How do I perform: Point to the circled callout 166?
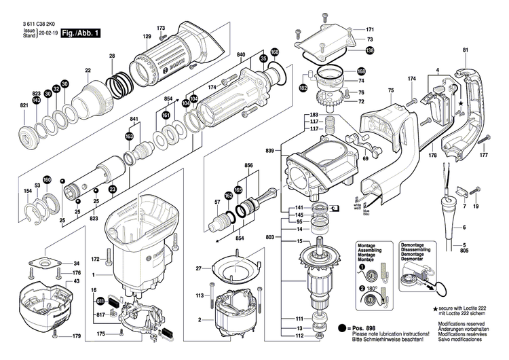pyautogui.click(x=274, y=52)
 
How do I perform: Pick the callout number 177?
pyautogui.click(x=484, y=155)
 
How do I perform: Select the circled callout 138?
pyautogui.click(x=369, y=51)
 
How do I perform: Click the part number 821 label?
pyautogui.click(x=24, y=105)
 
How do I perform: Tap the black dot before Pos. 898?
pyautogui.click(x=343, y=328)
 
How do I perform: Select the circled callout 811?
pyautogui.click(x=101, y=301)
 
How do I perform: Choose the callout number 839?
pyautogui.click(x=270, y=150)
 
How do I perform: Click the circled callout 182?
pyautogui.click(x=303, y=88)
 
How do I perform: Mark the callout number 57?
pyautogui.click(x=218, y=202)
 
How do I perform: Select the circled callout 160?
pyautogui.click(x=48, y=179)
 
